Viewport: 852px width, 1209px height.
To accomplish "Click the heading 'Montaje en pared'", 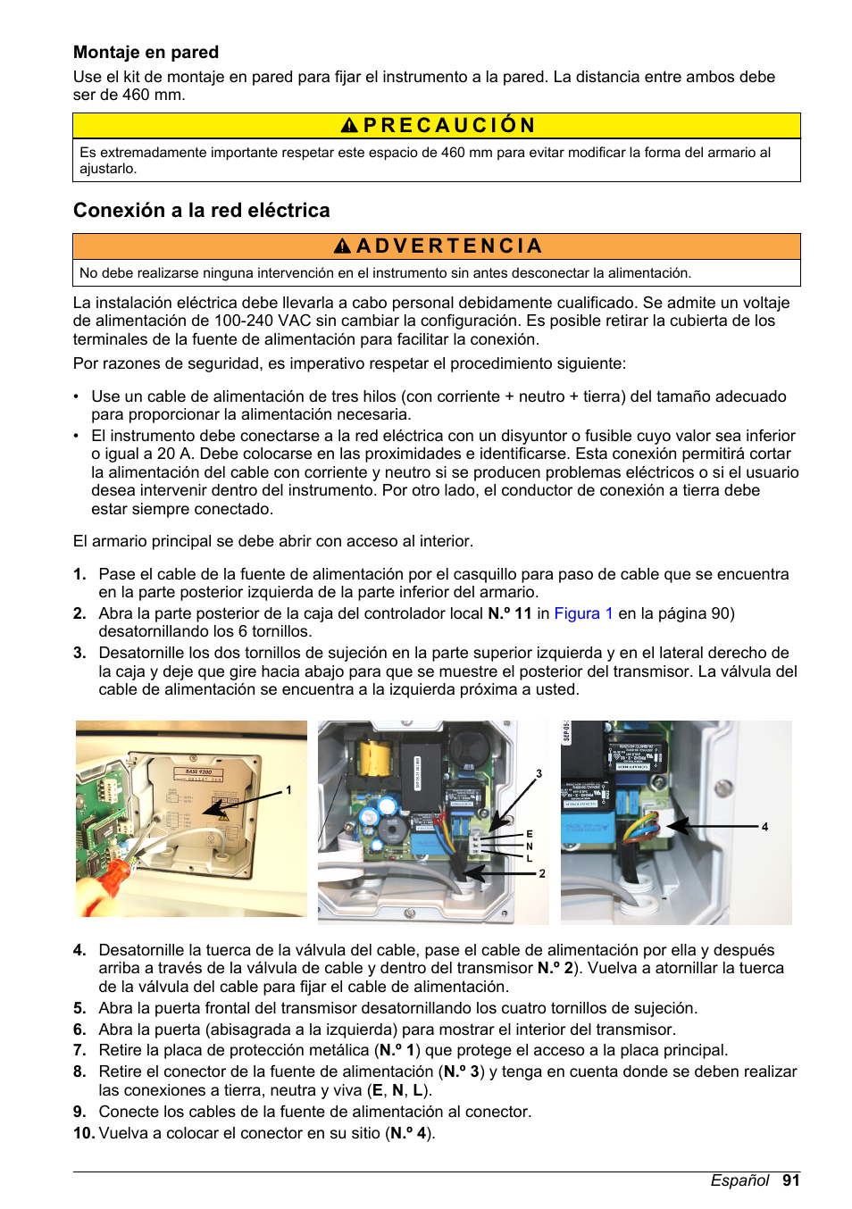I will pyautogui.click(x=146, y=53).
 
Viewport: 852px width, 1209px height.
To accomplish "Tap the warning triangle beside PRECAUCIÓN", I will pyautogui.click(x=349, y=126).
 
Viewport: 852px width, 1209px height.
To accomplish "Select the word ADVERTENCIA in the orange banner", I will pyautogui.click(x=448, y=246).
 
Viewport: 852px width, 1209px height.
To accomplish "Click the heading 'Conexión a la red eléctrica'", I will pyautogui.click(x=201, y=211).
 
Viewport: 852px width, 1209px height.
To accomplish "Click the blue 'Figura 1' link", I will pyautogui.click(x=583, y=613).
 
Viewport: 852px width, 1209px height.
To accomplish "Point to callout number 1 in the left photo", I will pyautogui.click(x=288, y=790).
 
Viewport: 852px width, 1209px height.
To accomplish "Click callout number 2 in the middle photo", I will pyautogui.click(x=541, y=873).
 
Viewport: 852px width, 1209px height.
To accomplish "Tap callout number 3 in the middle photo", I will pyautogui.click(x=539, y=774).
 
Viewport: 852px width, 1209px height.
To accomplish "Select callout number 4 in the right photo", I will pyautogui.click(x=764, y=827).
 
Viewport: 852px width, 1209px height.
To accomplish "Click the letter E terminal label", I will pyautogui.click(x=529, y=834).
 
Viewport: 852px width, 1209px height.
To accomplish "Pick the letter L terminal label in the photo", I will pyautogui.click(x=529, y=858).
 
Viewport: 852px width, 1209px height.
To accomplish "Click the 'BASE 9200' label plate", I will pyautogui.click(x=198, y=771).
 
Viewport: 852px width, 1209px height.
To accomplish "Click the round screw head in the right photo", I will pyautogui.click(x=723, y=788).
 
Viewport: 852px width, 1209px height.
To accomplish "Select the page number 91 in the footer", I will pyautogui.click(x=790, y=1180).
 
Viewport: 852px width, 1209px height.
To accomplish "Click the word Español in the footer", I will pyautogui.click(x=739, y=1180).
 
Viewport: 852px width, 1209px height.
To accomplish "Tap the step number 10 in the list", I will pyautogui.click(x=83, y=1133).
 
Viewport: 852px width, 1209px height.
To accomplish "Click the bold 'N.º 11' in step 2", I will pyautogui.click(x=509, y=613).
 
